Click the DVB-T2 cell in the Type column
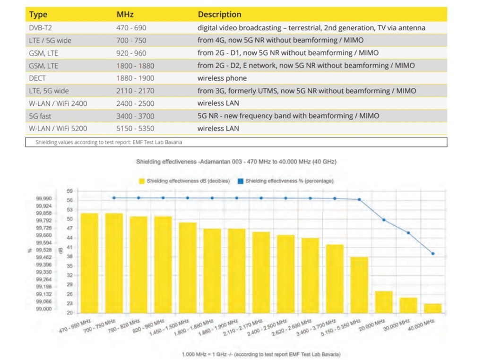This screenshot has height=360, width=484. click(x=40, y=28)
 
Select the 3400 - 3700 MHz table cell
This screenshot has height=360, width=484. click(x=135, y=116)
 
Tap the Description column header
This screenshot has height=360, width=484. click(x=219, y=15)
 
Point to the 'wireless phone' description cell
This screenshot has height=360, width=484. click(x=222, y=78)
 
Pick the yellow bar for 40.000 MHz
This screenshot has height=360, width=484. click(x=432, y=308)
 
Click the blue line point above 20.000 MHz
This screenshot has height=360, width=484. click(x=384, y=220)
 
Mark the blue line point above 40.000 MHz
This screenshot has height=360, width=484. click(x=433, y=254)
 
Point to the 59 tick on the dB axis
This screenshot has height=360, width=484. click(x=69, y=191)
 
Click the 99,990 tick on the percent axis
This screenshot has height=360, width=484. click(x=44, y=199)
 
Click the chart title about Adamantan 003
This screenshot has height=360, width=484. click(x=236, y=162)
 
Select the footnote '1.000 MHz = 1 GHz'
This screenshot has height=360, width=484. click(x=261, y=354)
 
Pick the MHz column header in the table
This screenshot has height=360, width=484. click(x=125, y=15)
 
